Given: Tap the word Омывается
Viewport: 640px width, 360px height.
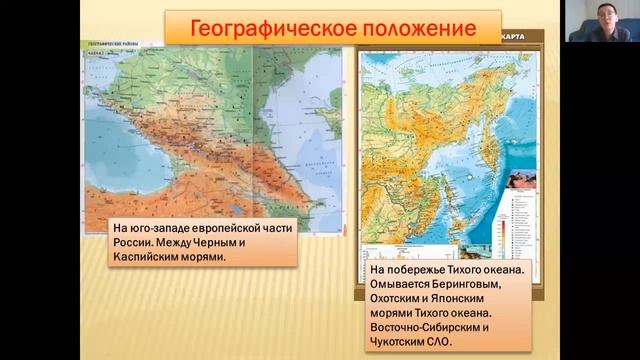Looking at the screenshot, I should [x=405, y=285].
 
